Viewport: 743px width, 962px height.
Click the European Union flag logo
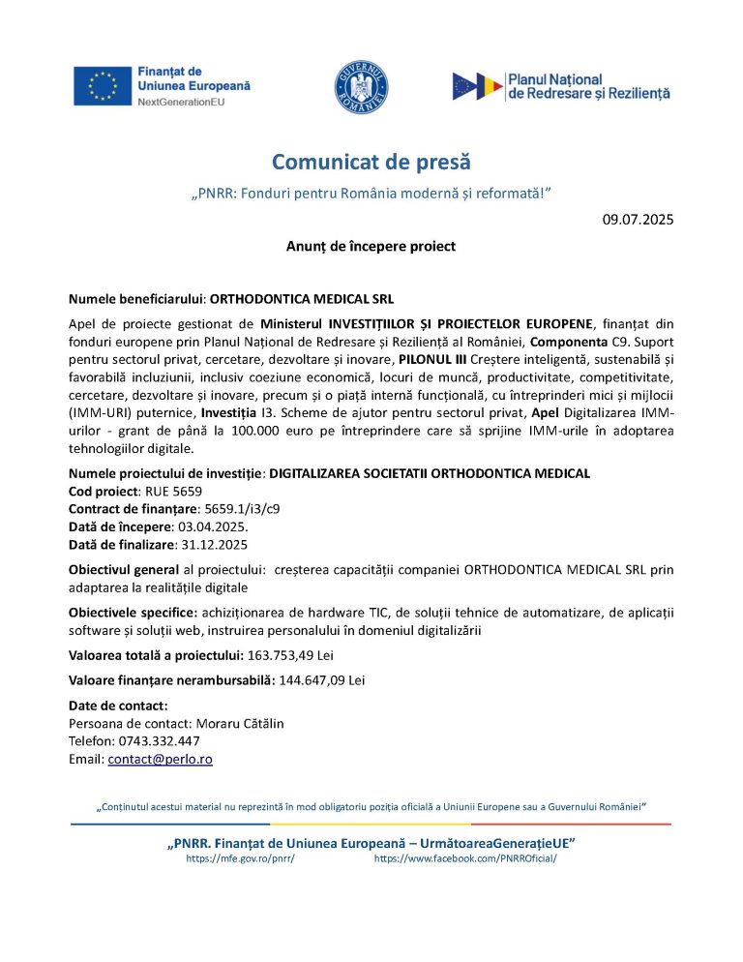point(103,85)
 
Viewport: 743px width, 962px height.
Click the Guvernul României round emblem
point(362,85)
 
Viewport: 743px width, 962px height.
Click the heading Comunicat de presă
point(371,161)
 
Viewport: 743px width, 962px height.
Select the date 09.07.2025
point(638,220)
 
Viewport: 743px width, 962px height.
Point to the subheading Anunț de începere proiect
point(371,247)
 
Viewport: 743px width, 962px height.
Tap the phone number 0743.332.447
point(156,741)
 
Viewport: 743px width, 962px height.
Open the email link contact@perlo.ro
point(160,760)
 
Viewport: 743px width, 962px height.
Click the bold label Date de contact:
point(118,706)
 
